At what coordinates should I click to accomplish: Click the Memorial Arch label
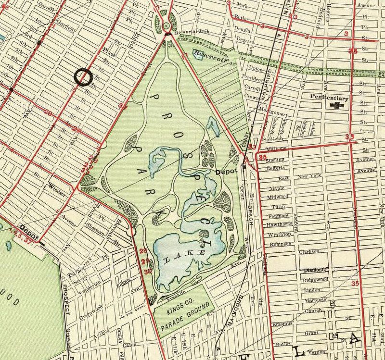pos(191,42)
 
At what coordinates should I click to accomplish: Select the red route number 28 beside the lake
pos(142,251)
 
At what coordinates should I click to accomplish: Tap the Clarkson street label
pos(308,251)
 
